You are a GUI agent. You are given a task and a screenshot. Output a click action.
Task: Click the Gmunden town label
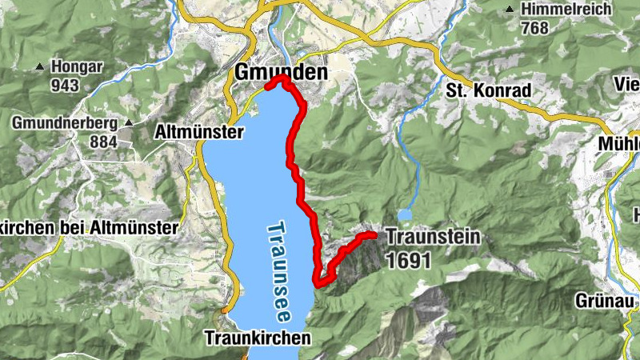(x=281, y=72)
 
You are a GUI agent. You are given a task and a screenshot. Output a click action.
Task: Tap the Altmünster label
(x=197, y=131)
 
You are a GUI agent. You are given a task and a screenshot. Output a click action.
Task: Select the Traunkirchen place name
(x=256, y=337)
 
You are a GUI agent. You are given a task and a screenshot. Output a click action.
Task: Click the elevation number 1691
(x=407, y=260)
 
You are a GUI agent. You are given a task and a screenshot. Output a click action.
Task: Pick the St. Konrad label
(x=488, y=91)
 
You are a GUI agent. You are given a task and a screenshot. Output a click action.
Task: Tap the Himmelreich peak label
(x=566, y=10)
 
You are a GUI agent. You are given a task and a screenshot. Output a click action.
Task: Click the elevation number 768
(x=534, y=29)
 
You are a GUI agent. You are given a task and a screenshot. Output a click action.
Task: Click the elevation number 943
(x=66, y=84)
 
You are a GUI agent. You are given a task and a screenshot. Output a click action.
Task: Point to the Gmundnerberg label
(x=65, y=123)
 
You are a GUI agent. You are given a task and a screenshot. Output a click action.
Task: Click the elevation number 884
(x=103, y=142)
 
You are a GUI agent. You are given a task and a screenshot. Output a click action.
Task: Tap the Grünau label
(x=604, y=301)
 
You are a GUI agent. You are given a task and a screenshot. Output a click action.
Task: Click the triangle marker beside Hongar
(x=39, y=67)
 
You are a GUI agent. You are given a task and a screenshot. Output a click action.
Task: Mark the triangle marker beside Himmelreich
(x=510, y=10)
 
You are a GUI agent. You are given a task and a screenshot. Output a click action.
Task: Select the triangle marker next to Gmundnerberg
(x=129, y=124)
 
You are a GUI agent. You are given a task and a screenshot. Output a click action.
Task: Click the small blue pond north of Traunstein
(x=406, y=214)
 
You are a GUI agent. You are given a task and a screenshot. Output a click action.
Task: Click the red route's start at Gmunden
(x=268, y=82)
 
